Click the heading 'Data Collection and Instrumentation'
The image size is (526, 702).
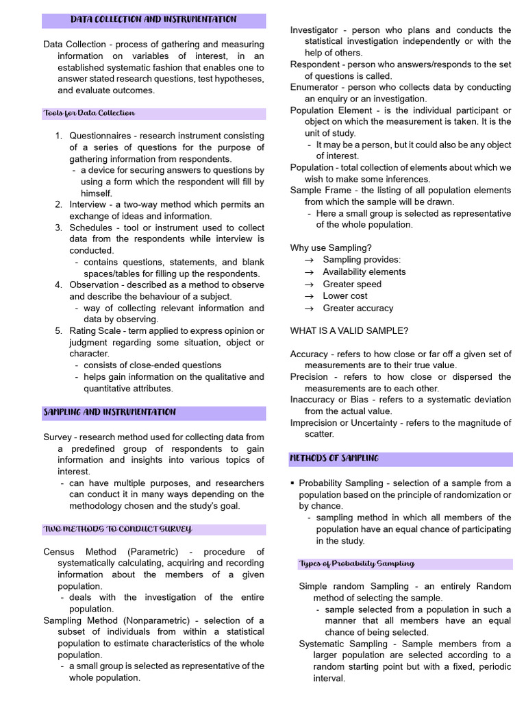tap(153, 20)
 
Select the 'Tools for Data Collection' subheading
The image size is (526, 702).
tap(89, 113)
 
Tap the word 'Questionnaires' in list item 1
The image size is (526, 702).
tap(101, 136)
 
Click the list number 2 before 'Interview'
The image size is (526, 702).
tap(58, 205)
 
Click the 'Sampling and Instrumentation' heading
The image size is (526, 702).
tap(110, 413)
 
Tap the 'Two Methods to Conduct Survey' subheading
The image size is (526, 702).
tap(117, 529)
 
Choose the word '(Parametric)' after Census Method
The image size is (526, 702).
tap(152, 552)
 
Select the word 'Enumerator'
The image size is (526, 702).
tap(314, 87)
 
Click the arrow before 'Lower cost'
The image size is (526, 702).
tap(308, 296)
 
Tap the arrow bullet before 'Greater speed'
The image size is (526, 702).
tap(308, 285)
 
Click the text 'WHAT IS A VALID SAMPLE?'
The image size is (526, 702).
tap(349, 331)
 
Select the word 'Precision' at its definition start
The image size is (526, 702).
tap(309, 377)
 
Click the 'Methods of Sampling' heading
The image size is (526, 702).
tap(334, 458)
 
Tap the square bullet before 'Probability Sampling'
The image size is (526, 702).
tap(292, 483)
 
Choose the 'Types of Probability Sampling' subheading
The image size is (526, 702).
tap(356, 564)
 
